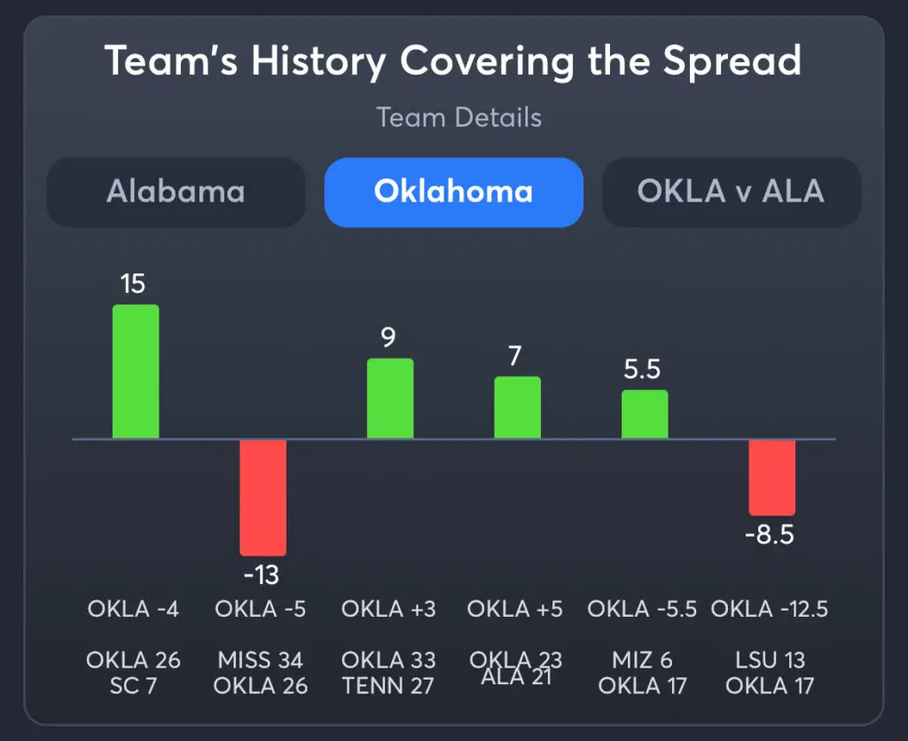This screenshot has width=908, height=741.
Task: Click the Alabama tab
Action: (176, 192)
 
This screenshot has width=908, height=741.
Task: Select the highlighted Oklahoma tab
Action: (453, 192)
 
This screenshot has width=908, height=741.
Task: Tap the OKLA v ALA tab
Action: (732, 192)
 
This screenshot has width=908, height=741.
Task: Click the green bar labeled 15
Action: (136, 372)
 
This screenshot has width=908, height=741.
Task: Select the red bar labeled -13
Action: (262, 497)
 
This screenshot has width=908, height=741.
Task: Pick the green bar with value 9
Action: (390, 398)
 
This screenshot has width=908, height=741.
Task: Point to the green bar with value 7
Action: (517, 407)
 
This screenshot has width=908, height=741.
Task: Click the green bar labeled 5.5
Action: (645, 414)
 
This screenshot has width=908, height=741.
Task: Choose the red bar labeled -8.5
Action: (771, 477)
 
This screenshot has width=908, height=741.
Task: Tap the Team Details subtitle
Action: (458, 117)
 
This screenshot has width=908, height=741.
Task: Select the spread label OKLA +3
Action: (388, 609)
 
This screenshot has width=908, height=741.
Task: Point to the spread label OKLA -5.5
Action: (642, 609)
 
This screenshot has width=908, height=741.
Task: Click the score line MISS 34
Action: (261, 660)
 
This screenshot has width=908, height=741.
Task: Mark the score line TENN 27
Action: (388, 686)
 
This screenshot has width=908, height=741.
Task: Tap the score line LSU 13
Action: (770, 660)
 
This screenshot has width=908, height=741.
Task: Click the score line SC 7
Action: (133, 686)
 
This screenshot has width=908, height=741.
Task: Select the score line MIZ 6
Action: (642, 660)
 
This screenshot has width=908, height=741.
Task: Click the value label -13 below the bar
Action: (261, 575)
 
